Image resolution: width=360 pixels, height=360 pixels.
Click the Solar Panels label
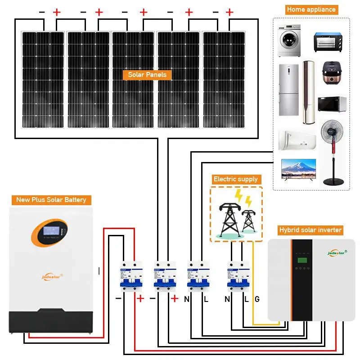coord(147,75)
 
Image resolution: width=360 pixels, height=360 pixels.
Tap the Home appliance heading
coord(311,9)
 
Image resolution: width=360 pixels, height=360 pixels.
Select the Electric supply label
coord(236,179)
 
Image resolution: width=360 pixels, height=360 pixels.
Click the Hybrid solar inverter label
coord(310,230)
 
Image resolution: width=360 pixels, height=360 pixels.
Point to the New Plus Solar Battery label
coord(51,200)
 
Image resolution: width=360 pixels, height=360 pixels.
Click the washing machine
coord(288,40)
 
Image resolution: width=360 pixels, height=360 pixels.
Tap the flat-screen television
coord(298,169)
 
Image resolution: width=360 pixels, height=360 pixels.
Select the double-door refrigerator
coord(288,90)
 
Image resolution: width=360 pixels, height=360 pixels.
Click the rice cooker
coord(332,74)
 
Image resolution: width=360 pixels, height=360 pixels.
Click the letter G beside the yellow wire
coord(257,299)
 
